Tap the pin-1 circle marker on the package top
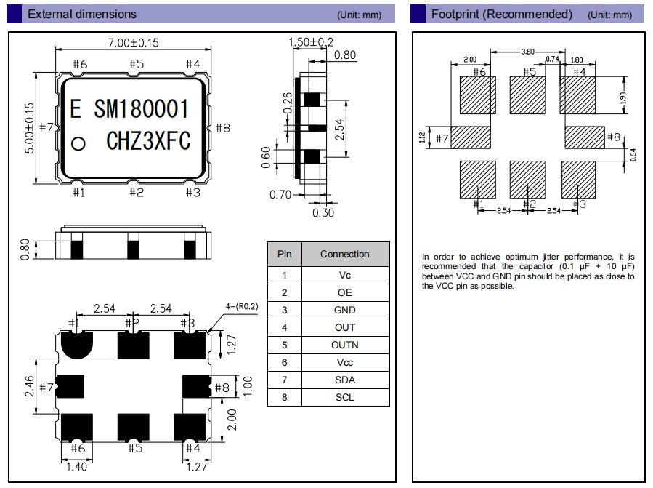pyautogui.click(x=78, y=143)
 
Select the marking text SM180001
pyautogui.click(x=142, y=109)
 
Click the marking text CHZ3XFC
pyautogui.click(x=148, y=141)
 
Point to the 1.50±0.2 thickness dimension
pyautogui.click(x=311, y=42)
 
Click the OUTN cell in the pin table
pyautogui.click(x=344, y=345)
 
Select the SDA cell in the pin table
pyautogui.click(x=344, y=380)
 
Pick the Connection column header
pyautogui.click(x=344, y=254)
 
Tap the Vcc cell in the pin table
pyautogui.click(x=344, y=362)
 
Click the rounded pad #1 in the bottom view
pyautogui.click(x=76, y=343)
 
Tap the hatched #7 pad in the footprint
pyautogui.click(x=476, y=136)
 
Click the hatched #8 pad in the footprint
pyautogui.click(x=584, y=136)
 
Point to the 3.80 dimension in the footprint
pyautogui.click(x=529, y=52)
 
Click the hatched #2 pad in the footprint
pyautogui.click(x=528, y=179)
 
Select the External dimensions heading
pyautogui.click(x=81, y=14)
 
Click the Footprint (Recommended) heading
pyautogui.click(x=501, y=14)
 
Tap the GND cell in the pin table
pyautogui.click(x=344, y=310)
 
